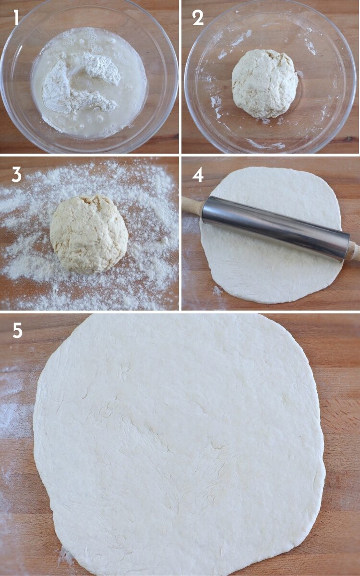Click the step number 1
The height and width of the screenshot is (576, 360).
tap(16, 18)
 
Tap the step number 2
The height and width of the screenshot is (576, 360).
tap(198, 18)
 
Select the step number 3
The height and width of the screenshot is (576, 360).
tap(16, 174)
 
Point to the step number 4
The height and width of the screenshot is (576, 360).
tap(198, 174)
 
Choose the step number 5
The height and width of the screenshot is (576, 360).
tap(17, 331)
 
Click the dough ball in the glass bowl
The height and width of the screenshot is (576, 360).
tap(264, 84)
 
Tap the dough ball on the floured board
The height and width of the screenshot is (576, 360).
tap(89, 234)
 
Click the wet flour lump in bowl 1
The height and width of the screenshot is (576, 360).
tap(79, 86)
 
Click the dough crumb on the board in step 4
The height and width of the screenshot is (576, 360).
tap(217, 290)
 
